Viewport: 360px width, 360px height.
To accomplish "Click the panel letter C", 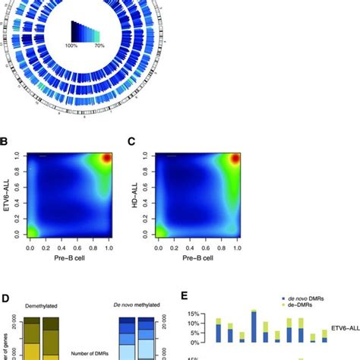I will (132, 142).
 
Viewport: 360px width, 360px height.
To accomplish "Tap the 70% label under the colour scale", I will (112, 47).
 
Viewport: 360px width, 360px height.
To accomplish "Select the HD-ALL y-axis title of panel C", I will (133, 200).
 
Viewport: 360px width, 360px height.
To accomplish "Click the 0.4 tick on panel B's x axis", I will (58, 248).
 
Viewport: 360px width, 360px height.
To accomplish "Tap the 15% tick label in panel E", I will (195, 314).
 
